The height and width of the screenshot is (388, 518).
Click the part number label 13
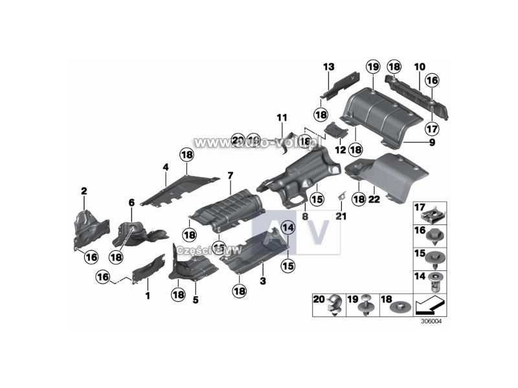pyautogui.click(x=329, y=67)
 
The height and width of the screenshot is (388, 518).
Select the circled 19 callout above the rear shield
pyautogui.click(x=372, y=67)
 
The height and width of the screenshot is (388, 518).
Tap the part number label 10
pyautogui.click(x=420, y=67)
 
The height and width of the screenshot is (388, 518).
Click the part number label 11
pyautogui.click(x=281, y=118)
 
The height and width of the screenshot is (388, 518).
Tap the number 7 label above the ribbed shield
pyautogui.click(x=229, y=176)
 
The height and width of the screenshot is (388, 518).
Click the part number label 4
pyautogui.click(x=166, y=167)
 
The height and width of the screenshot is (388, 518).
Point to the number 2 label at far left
pyautogui.click(x=84, y=191)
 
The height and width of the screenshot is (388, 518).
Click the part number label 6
pyautogui.click(x=131, y=202)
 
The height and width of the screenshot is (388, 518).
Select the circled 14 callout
pyautogui.click(x=287, y=228)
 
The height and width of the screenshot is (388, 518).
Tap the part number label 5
pyautogui.click(x=196, y=300)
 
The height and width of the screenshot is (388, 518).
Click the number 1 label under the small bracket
pyautogui.click(x=147, y=296)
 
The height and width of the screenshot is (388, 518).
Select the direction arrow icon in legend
pyautogui.click(x=430, y=303)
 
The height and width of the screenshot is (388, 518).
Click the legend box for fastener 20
pyautogui.click(x=329, y=304)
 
